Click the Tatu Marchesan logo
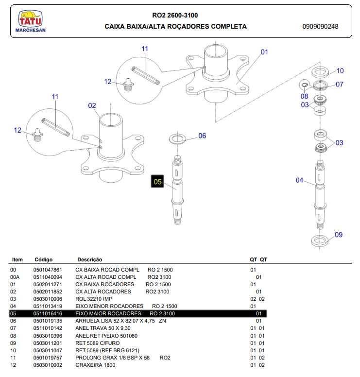pyautogui.click(x=30, y=22)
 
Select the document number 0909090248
pyautogui.click(x=320, y=26)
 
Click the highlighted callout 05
pyautogui.click(x=157, y=182)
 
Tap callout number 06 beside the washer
pyautogui.click(x=202, y=136)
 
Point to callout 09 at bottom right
pyautogui.click(x=339, y=235)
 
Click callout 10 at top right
pyautogui.click(x=340, y=70)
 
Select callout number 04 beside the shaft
pyautogui.click(x=299, y=180)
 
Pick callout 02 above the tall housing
pyautogui.click(x=92, y=105)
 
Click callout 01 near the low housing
pyautogui.click(x=264, y=52)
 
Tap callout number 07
pyautogui.click(x=339, y=84)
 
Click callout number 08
pyautogui.click(x=305, y=96)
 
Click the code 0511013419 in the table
pyautogui.click(x=48, y=307)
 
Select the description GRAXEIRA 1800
pyautogui.click(x=95, y=365)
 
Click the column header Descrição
pyautogui.click(x=90, y=259)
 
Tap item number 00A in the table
pyautogui.click(x=15, y=277)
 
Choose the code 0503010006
pyautogui.click(x=48, y=299)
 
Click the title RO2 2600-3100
pyautogui.click(x=175, y=16)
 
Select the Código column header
pyautogui.click(x=44, y=259)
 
